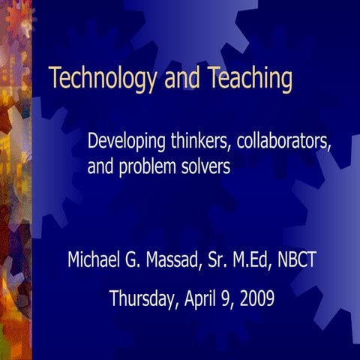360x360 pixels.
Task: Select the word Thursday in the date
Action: click(142, 298)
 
